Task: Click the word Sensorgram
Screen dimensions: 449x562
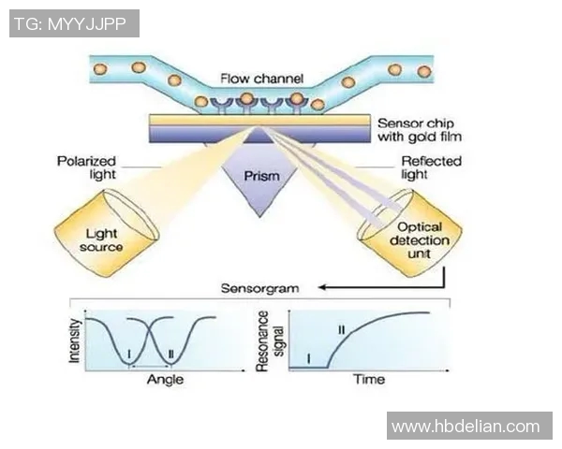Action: pyautogui.click(x=260, y=288)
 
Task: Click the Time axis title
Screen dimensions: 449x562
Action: pyautogui.click(x=368, y=381)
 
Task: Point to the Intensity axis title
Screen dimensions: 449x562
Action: pyautogui.click(x=75, y=340)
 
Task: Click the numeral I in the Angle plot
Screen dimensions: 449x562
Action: pyautogui.click(x=128, y=354)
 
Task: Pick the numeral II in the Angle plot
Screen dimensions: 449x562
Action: pyautogui.click(x=169, y=354)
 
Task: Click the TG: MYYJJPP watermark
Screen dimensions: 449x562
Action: pyautogui.click(x=74, y=23)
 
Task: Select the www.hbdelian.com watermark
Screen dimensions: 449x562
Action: pyautogui.click(x=466, y=427)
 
